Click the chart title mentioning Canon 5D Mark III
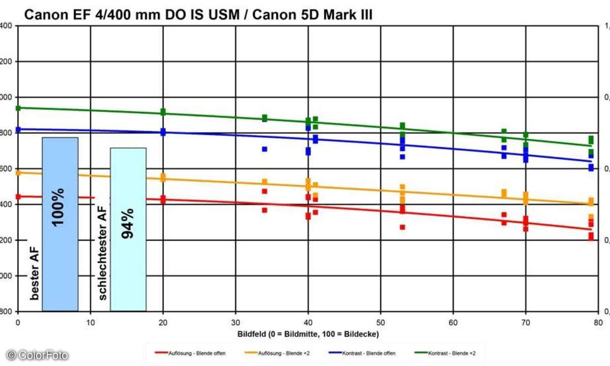click(198, 16)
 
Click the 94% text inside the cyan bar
click(127, 224)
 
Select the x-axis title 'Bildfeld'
click(308, 334)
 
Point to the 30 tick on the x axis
click(235, 322)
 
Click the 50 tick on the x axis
click(381, 322)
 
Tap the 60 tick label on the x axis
click(453, 322)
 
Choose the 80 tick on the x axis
click(598, 322)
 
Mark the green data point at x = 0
click(18, 108)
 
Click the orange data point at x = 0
click(18, 173)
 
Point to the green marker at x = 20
click(163, 112)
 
